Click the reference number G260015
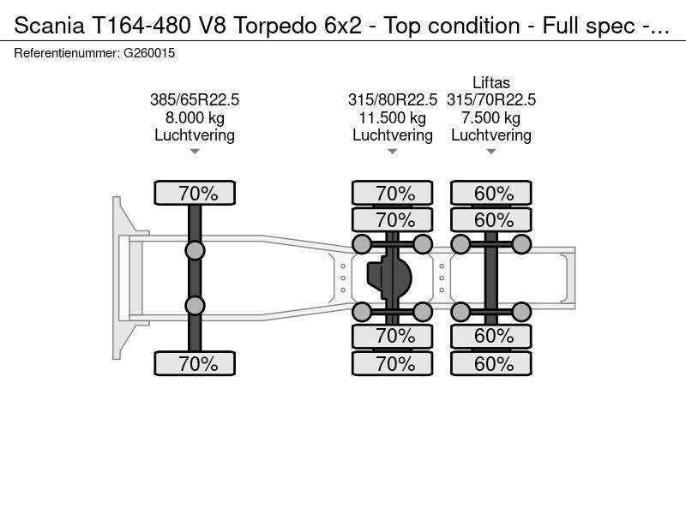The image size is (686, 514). tap(149, 53)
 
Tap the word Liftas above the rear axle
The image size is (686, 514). tap(490, 82)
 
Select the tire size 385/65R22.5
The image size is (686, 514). tap(195, 100)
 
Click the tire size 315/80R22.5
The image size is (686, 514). tap(393, 100)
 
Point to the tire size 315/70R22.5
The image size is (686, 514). tap(490, 100)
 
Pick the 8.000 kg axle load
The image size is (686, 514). tap(195, 117)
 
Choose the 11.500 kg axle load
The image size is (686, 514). tap(393, 117)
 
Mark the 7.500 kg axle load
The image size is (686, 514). tap(490, 117)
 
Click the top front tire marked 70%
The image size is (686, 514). tap(195, 193)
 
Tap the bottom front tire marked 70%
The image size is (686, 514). tap(195, 363)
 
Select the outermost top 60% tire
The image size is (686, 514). tap(491, 193)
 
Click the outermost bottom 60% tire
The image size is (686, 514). tap(491, 363)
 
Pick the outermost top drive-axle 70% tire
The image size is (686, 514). tap(393, 193)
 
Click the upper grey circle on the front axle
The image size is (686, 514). tap(195, 251)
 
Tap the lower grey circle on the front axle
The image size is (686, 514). tap(195, 306)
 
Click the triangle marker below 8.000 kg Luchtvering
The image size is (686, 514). tap(195, 152)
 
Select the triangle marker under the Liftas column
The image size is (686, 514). tap(490, 152)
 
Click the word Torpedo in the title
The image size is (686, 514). tap(274, 26)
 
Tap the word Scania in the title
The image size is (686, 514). tap(49, 26)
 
